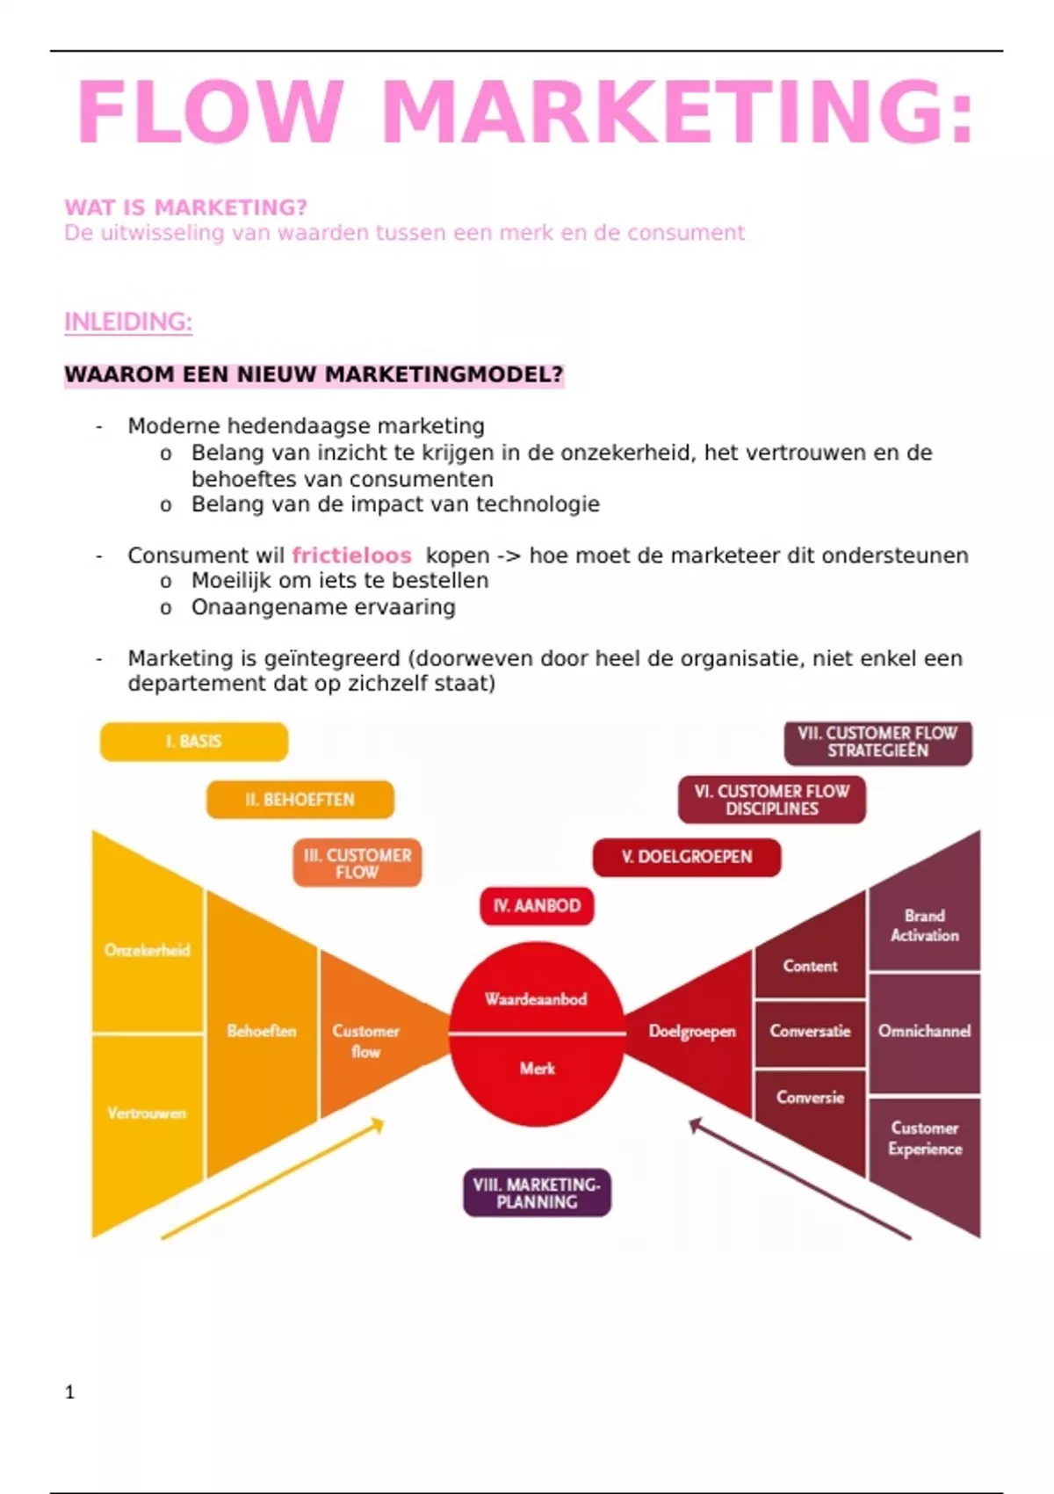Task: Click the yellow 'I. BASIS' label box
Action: tap(194, 742)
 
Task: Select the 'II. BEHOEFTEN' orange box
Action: tap(300, 800)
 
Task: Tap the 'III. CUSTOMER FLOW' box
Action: tap(357, 863)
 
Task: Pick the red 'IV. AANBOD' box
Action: tap(537, 906)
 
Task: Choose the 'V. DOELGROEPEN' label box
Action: tap(687, 857)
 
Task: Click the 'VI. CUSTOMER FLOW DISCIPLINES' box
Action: tap(772, 800)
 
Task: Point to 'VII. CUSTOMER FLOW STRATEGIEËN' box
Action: tap(877, 742)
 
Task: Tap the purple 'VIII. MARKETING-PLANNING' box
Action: tap(537, 1193)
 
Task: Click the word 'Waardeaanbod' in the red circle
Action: tap(536, 999)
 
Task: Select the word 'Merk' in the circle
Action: tap(537, 1069)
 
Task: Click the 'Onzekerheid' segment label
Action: tap(147, 950)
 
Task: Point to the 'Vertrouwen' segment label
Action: tap(147, 1113)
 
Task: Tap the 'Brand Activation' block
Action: tap(924, 925)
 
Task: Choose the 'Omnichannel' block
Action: tap(924, 1031)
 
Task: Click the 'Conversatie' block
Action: tap(810, 1031)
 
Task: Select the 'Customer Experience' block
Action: tap(924, 1138)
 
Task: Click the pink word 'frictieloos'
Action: tap(351, 555)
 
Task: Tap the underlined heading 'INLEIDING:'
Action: tap(128, 323)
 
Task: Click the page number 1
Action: tap(70, 1392)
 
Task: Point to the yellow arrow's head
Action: tap(379, 1123)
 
